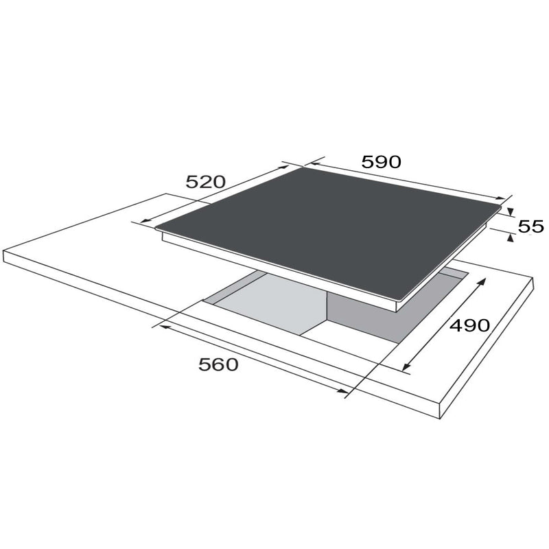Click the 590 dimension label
(x=382, y=162)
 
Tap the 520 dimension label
(x=205, y=182)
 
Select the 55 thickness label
(x=530, y=226)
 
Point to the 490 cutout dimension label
(x=469, y=325)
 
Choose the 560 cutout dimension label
(x=218, y=364)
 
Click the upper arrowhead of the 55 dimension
(x=510, y=211)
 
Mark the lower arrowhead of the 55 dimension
(x=511, y=238)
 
